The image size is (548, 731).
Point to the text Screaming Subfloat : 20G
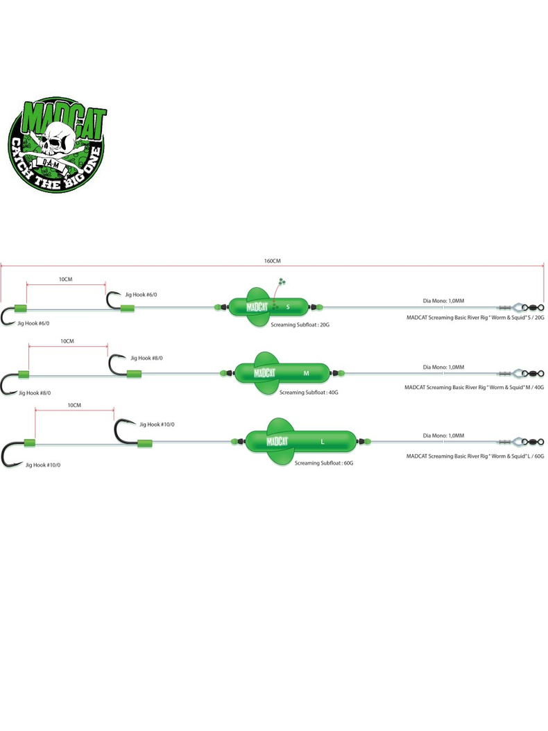tap(300, 324)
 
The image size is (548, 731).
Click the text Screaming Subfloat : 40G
tap(309, 392)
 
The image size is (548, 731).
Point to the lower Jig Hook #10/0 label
tap(43, 465)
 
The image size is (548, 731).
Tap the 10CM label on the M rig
tap(67, 341)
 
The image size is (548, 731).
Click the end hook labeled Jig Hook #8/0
tap(10, 384)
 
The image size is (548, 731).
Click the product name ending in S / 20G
tap(474, 317)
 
